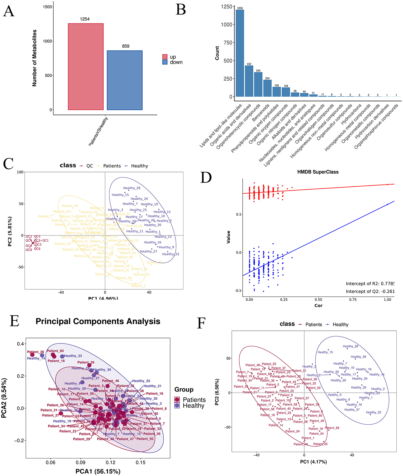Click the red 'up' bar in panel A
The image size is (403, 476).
click(x=85, y=67)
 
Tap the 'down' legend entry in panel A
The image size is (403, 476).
click(x=176, y=62)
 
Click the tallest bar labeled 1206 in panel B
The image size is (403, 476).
click(x=240, y=53)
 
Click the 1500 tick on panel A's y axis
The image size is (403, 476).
click(x=48, y=7)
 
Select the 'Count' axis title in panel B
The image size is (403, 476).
click(x=217, y=53)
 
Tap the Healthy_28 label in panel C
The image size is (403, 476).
click(x=132, y=188)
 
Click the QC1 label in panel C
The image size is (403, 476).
click(x=45, y=240)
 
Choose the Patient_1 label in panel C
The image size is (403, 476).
click(x=138, y=286)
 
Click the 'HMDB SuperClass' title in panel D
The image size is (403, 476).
click(x=318, y=172)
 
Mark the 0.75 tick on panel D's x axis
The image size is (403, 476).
click(x=353, y=299)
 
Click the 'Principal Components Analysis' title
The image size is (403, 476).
click(x=98, y=322)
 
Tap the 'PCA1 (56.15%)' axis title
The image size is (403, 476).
click(x=98, y=471)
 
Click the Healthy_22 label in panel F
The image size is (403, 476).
click(x=373, y=412)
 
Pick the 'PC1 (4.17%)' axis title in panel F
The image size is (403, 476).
click(x=313, y=462)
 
